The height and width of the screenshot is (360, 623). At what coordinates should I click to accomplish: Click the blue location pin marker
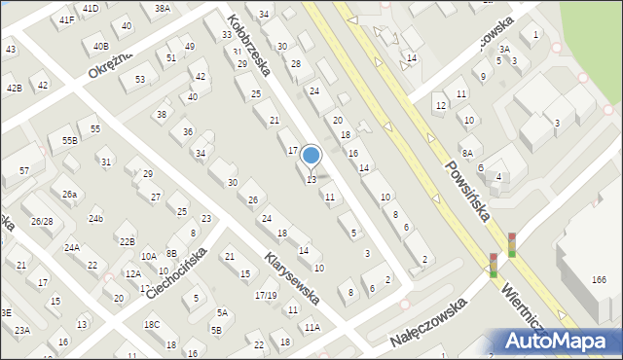pyautogui.click(x=311, y=156)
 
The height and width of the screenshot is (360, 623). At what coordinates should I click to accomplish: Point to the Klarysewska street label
pyautogui.click(x=292, y=278)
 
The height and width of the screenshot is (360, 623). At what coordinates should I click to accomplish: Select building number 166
pyautogui.click(x=598, y=281)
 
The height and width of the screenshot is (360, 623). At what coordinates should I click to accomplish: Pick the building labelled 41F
pyautogui.click(x=66, y=19)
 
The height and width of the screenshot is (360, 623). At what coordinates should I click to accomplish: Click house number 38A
pyautogui.click(x=163, y=8)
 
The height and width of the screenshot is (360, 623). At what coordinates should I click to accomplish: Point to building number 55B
pyautogui.click(x=69, y=140)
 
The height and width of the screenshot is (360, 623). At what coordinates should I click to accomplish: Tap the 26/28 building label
pyautogui.click(x=42, y=222)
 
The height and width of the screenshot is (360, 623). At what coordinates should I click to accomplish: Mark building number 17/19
pyautogui.click(x=265, y=295)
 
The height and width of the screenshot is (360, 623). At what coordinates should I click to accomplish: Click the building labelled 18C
pyautogui.click(x=151, y=324)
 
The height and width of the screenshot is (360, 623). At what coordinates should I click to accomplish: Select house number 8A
pyautogui.click(x=467, y=153)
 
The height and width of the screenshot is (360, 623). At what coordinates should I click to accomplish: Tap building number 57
pyautogui.click(x=23, y=170)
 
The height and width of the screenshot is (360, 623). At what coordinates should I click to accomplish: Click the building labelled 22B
pyautogui.click(x=127, y=240)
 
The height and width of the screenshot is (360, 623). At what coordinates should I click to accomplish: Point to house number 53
pyautogui.click(x=140, y=79)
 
